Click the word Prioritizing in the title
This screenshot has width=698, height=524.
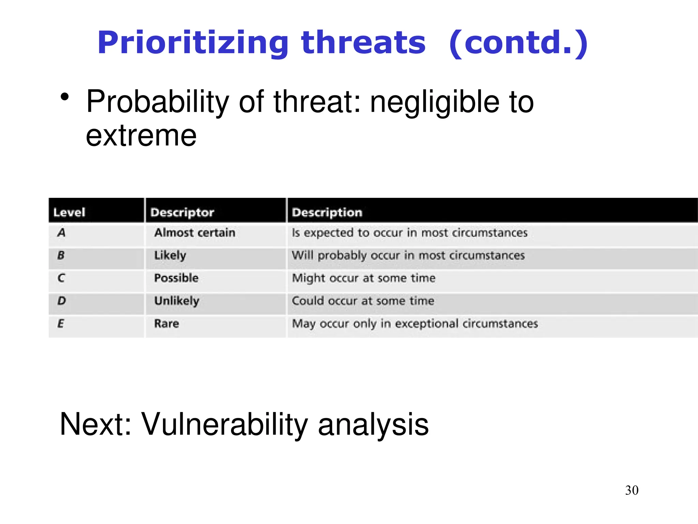click(x=193, y=43)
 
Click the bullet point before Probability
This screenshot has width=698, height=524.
click(x=65, y=97)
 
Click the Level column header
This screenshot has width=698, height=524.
click(x=69, y=213)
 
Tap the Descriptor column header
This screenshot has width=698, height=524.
click(x=182, y=213)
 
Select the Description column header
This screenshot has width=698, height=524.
click(x=327, y=213)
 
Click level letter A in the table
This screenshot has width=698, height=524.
click(x=62, y=233)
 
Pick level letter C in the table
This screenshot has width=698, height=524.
click(x=61, y=278)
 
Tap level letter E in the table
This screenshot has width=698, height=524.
click(x=61, y=323)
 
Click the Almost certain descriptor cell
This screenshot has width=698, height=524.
click(x=195, y=233)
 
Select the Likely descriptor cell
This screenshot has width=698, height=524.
click(x=170, y=256)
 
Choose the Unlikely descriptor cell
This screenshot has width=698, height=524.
click(x=177, y=301)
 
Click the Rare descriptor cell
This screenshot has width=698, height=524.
click(x=166, y=323)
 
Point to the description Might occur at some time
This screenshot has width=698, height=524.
click(x=364, y=278)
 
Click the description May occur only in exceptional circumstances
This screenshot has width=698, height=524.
click(x=415, y=323)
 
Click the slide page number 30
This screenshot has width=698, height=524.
click(x=632, y=490)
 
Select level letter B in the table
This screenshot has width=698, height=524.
click(x=61, y=255)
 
